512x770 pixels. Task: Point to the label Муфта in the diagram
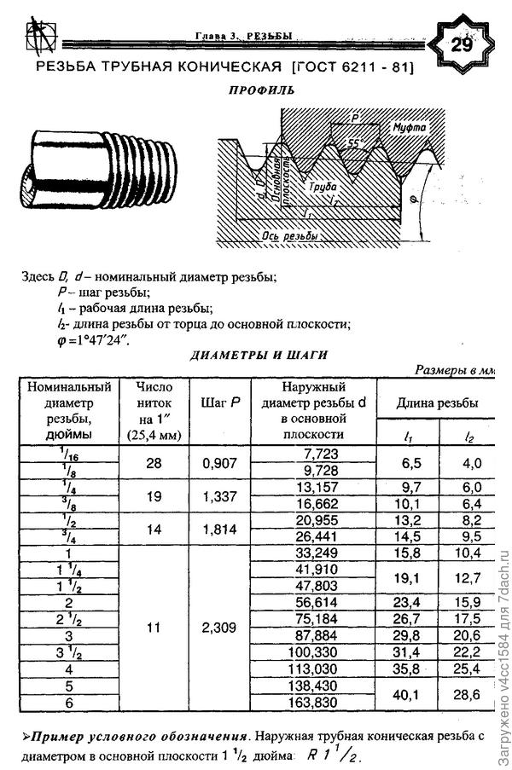coord(407,128)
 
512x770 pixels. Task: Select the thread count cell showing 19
coord(154,496)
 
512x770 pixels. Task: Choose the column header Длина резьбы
coord(441,402)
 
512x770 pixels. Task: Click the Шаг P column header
coord(220,402)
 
